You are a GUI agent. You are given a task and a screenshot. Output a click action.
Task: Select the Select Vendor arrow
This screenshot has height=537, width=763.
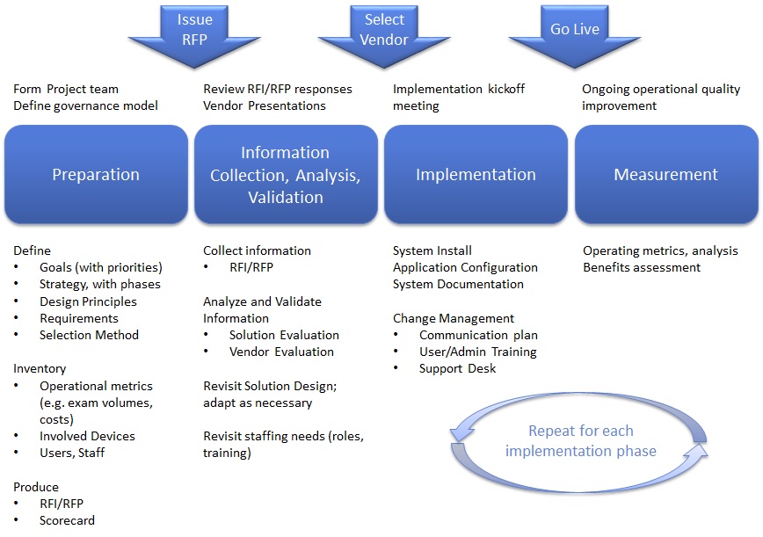pyautogui.click(x=384, y=32)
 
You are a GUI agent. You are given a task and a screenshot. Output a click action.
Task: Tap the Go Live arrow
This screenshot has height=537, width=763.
pyautogui.click(x=574, y=31)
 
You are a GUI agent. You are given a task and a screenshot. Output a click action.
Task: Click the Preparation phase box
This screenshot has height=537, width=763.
pyautogui.click(x=96, y=174)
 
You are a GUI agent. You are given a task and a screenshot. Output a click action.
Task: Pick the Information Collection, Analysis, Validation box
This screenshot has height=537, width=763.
pyautogui.click(x=286, y=174)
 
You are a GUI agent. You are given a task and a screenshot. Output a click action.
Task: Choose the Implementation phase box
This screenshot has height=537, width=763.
pyautogui.click(x=476, y=174)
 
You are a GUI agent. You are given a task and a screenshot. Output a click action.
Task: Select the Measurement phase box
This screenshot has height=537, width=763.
pyautogui.click(x=665, y=174)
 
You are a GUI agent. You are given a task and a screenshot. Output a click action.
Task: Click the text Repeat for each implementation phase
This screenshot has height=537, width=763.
pyautogui.click(x=581, y=441)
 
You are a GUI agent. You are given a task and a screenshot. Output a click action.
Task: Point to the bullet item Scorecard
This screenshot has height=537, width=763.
pyautogui.click(x=67, y=520)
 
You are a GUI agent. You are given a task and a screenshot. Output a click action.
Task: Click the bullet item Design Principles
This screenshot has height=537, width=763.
pyautogui.click(x=88, y=301)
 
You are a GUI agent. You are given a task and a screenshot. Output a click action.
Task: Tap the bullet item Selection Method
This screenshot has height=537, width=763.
pyautogui.click(x=89, y=335)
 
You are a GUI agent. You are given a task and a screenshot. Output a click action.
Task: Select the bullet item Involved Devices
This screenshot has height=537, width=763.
pyautogui.click(x=87, y=436)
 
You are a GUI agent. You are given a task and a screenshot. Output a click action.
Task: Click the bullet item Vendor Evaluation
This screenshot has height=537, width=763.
pyautogui.click(x=281, y=352)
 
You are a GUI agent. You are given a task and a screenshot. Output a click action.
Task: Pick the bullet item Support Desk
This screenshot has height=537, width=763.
pyautogui.click(x=457, y=368)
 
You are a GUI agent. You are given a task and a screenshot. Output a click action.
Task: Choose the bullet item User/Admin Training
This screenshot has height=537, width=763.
pyautogui.click(x=477, y=352)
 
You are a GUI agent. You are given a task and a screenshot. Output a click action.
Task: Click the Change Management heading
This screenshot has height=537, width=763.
pyautogui.click(x=454, y=318)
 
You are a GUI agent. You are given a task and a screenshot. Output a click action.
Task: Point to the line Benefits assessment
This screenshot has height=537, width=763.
pyautogui.click(x=642, y=267)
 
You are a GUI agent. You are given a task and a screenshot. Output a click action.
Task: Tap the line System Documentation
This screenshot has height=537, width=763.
pyautogui.click(x=458, y=284)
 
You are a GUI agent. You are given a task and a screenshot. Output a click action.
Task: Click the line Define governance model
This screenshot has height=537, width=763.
pyautogui.click(x=85, y=105)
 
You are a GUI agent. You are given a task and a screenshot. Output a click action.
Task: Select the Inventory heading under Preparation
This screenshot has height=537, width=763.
pyautogui.click(x=40, y=368)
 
